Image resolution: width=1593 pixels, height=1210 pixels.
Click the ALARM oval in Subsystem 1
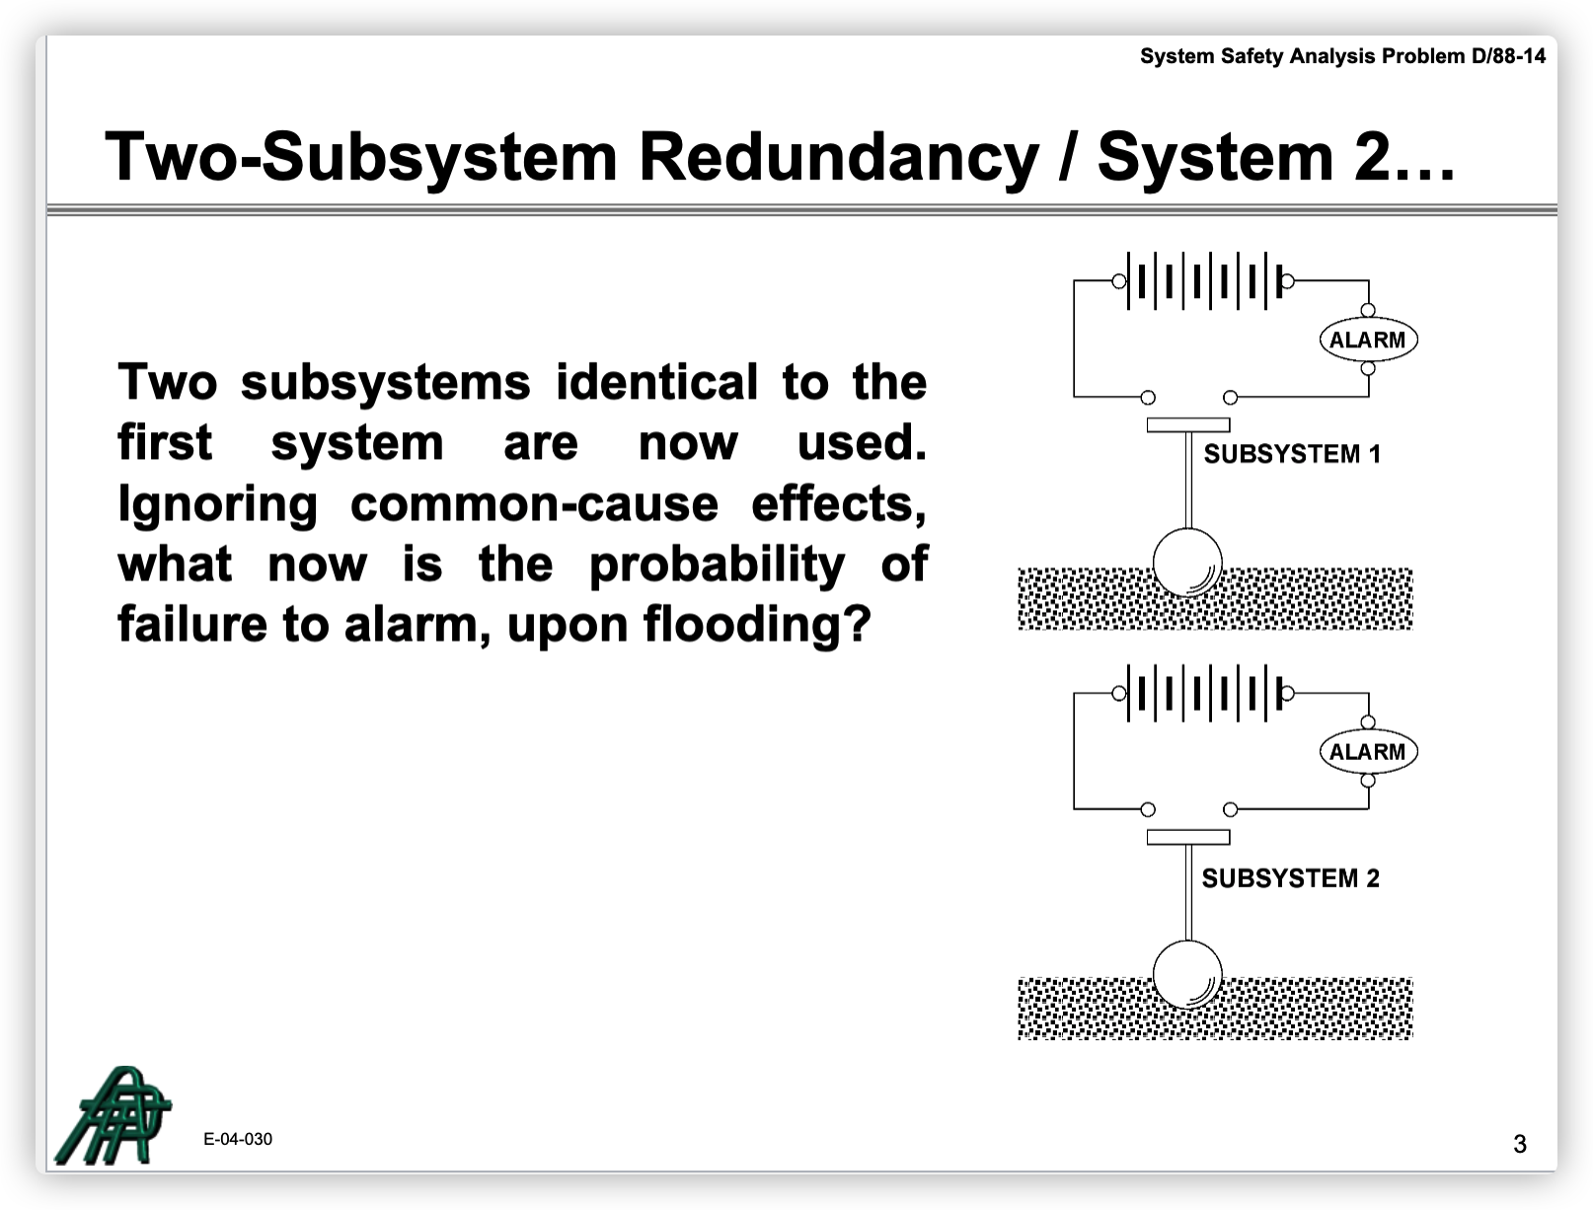pyautogui.click(x=1367, y=340)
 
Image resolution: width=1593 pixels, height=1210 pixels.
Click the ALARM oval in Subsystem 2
pyautogui.click(x=1367, y=751)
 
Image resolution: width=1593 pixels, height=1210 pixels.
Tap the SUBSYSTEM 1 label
pyautogui.click(x=1292, y=454)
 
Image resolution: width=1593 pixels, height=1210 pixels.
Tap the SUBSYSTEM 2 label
pyautogui.click(x=1290, y=878)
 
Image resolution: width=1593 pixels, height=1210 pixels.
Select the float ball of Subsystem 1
pyautogui.click(x=1187, y=563)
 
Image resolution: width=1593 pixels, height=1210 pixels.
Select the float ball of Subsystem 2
pyautogui.click(x=1187, y=974)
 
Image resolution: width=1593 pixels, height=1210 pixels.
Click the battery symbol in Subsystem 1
pyautogui.click(x=1205, y=280)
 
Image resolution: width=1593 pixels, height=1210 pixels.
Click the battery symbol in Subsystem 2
pyautogui.click(x=1205, y=693)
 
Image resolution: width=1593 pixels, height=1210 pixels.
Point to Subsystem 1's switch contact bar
pyautogui.click(x=1188, y=425)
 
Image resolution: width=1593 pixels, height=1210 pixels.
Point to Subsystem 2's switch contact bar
pyautogui.click(x=1188, y=837)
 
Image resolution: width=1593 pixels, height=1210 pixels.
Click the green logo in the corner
pyautogui.click(x=114, y=1115)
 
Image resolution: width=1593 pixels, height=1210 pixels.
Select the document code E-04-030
pyautogui.click(x=238, y=1139)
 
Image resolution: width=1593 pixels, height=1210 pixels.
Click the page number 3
pyautogui.click(x=1520, y=1144)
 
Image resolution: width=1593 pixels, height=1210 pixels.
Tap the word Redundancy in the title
pyautogui.click(x=839, y=157)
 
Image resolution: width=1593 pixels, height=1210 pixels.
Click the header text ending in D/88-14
pyautogui.click(x=1342, y=56)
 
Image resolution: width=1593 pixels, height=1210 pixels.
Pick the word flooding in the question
pyautogui.click(x=757, y=624)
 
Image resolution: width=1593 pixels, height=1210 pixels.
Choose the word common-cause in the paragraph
pyautogui.click(x=534, y=504)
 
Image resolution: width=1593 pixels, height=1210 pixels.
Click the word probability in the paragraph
pyautogui.click(x=717, y=565)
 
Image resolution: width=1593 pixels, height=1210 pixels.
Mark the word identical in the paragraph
pyautogui.click(x=656, y=382)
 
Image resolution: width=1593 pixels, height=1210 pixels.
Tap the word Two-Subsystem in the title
pyautogui.click(x=361, y=157)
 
